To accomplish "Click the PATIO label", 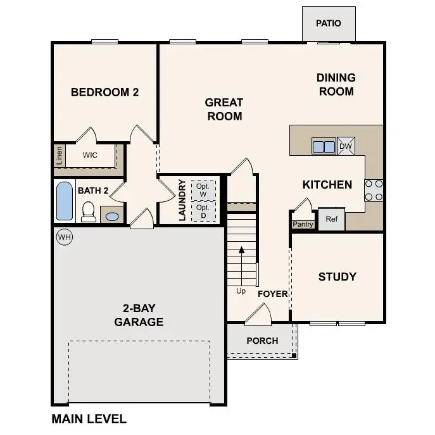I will click(328, 23).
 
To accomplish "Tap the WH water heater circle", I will click(64, 237).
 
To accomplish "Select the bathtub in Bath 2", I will click(65, 201).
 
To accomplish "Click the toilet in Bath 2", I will click(89, 211).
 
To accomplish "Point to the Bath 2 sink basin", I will click(111, 217).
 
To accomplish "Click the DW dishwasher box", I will click(346, 146).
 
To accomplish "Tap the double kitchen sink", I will click(324, 146).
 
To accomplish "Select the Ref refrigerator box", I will click(331, 219).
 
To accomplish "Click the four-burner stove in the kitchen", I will click(374, 190).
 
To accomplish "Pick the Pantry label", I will click(303, 224).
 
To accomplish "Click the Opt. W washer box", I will click(203, 189).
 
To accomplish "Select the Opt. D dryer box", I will click(203, 211).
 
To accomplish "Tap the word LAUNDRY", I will click(182, 200).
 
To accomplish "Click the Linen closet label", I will click(59, 155).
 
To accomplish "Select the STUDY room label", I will click(337, 277).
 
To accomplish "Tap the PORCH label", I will click(262, 341).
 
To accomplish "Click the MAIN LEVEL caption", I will click(89, 419).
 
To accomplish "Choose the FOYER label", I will click(272, 294).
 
